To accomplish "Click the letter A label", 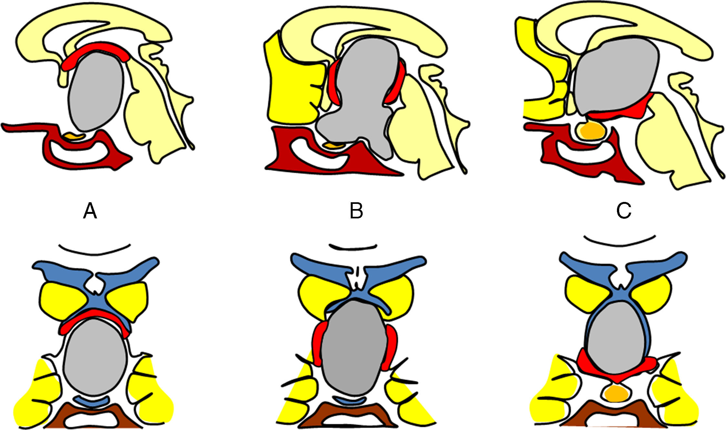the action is (90, 212).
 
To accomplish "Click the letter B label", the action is (356, 212).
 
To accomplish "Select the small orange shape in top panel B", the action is (334, 145).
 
